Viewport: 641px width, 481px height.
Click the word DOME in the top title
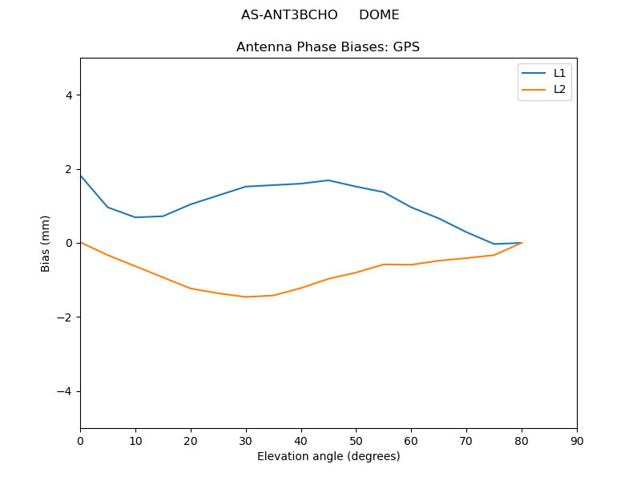tap(379, 15)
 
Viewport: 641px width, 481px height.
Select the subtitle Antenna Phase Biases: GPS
tap(328, 47)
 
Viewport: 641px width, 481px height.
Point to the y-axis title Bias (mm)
tap(46, 243)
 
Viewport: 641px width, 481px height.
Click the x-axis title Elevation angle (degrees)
tap(329, 457)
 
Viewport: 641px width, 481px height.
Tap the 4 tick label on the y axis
tap(69, 95)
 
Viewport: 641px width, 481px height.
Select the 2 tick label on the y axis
tap(69, 169)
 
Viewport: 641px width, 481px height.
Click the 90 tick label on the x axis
tap(577, 441)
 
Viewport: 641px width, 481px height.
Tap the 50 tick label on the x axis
tap(356, 441)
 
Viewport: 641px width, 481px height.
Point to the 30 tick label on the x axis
tap(246, 441)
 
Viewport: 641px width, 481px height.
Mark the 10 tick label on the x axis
tap(135, 441)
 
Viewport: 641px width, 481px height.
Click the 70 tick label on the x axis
tap(466, 441)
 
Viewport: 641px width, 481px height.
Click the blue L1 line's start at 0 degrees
tap(81, 176)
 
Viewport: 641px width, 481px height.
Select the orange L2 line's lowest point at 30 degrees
tap(246, 297)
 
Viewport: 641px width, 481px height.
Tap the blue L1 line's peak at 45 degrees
tap(329, 180)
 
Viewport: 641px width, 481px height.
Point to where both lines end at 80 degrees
tap(522, 243)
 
